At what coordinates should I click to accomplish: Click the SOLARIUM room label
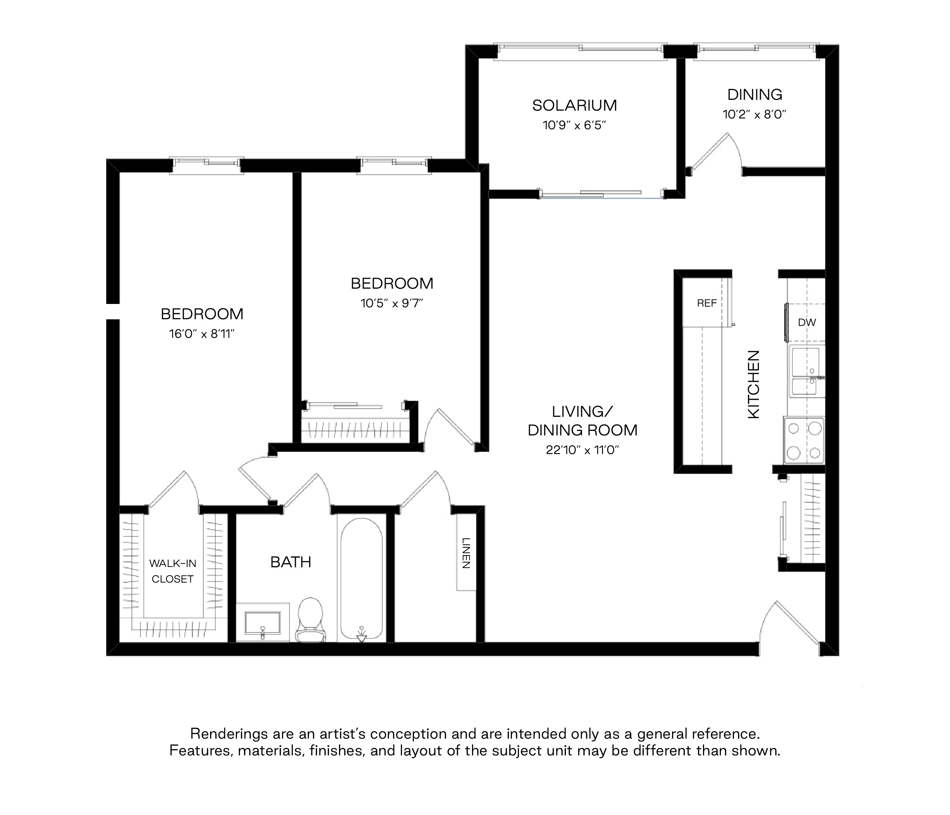click(574, 105)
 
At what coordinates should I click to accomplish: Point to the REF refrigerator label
click(707, 303)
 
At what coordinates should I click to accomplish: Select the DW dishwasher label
click(807, 322)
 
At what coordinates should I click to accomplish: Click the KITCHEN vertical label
click(754, 384)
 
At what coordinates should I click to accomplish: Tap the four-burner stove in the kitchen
click(804, 440)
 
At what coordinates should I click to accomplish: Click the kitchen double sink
click(807, 371)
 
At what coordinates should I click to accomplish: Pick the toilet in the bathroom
click(310, 620)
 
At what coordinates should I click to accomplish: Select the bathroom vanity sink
click(263, 622)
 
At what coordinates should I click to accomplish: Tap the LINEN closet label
click(466, 553)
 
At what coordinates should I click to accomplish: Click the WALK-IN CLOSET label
click(173, 571)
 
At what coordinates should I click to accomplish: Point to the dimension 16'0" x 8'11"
click(202, 334)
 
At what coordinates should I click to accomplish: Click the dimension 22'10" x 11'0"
click(582, 450)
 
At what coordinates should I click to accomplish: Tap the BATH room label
click(291, 562)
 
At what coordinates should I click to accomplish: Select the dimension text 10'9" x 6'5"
click(574, 125)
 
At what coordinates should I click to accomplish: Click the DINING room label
click(755, 95)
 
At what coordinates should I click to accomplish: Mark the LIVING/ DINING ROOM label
click(582, 421)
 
